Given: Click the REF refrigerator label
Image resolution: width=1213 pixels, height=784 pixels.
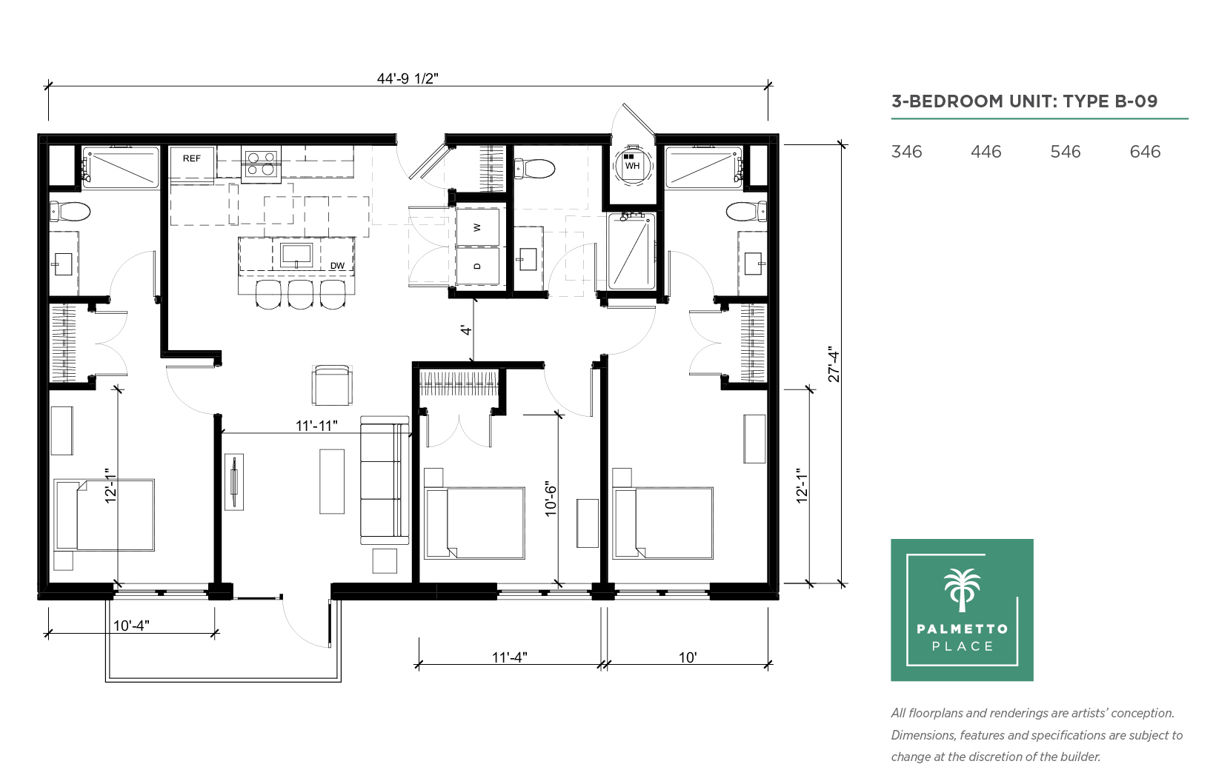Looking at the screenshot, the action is point(191,158).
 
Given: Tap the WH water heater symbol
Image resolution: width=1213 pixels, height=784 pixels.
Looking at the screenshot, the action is point(632,164).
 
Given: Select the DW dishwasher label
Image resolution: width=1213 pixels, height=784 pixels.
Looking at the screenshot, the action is point(337,266).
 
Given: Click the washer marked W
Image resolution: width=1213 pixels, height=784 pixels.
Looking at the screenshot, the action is point(477,227).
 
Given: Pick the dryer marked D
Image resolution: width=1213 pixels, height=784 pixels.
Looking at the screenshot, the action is point(477,266).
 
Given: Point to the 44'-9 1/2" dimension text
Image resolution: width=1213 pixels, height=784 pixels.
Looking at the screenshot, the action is point(408,78).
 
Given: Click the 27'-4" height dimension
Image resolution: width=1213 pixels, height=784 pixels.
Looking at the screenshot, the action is point(834,364).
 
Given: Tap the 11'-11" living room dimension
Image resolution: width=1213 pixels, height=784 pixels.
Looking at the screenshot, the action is point(317,426).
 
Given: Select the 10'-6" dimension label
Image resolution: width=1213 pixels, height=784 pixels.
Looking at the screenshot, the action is point(551,498).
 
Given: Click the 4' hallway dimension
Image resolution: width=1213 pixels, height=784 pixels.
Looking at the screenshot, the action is point(466,329).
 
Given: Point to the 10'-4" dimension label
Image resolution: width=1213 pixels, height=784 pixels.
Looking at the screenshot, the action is point(131,626).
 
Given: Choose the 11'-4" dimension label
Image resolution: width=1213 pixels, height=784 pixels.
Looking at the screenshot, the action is point(510,657).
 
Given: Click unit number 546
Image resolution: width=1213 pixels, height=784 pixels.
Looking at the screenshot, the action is point(1065,152).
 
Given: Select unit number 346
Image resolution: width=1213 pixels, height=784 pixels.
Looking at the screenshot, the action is point(906,152).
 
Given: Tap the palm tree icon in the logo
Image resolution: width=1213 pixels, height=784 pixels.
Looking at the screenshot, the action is point(963,590).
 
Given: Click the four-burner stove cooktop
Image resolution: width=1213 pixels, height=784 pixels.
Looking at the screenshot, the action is point(261,164).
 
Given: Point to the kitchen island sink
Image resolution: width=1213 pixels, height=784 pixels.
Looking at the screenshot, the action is point(296,255).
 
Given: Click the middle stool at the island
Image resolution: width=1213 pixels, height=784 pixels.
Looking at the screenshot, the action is point(301,295).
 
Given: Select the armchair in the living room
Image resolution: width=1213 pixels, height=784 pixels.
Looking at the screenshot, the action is point(332,385).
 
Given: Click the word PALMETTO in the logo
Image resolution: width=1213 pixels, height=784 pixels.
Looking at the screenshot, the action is point(963,629).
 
